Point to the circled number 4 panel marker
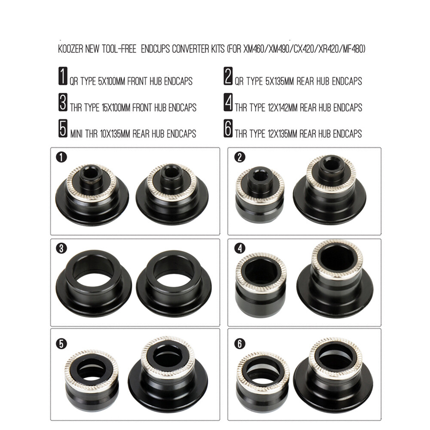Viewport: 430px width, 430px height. click(x=240, y=248)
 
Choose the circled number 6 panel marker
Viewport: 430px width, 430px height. click(x=240, y=344)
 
